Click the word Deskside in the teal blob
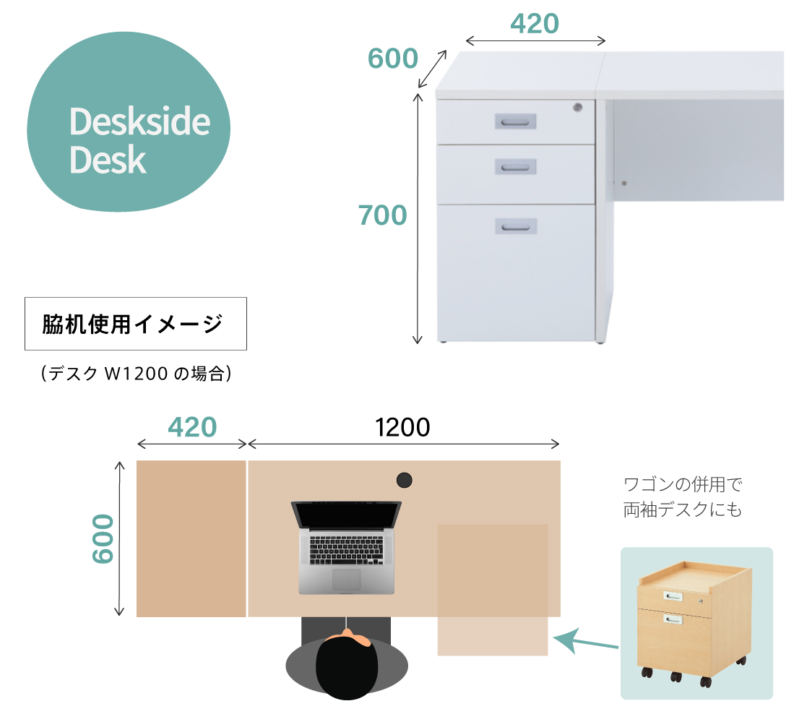coord(140,121)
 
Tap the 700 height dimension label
coord(382,215)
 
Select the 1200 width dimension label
coord(402,427)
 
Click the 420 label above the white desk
coord(535,24)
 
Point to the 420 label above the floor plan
coord(192,427)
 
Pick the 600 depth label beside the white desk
coord(393,58)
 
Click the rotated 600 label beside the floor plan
coord(103,538)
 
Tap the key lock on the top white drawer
coord(577,107)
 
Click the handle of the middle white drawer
coord(515,167)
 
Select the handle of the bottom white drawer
coord(516,227)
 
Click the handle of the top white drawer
coord(515,121)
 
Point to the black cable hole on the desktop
coord(404,481)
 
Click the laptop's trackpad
coord(346,579)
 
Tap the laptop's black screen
coord(346,515)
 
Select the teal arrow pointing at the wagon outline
coord(585,641)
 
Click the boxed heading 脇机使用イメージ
coord(132,324)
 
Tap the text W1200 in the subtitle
coord(135,374)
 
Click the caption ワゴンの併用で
coord(683,485)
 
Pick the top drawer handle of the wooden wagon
coord(673,596)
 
